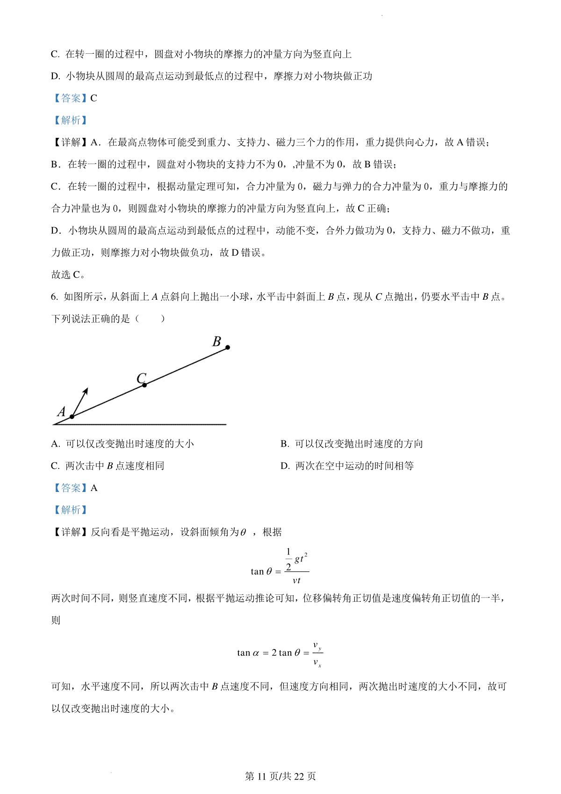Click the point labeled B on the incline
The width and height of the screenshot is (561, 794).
click(x=228, y=347)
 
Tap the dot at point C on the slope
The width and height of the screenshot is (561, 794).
click(x=144, y=385)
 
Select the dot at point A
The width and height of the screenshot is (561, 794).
click(x=72, y=417)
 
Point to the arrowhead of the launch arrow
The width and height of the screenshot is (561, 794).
click(x=86, y=390)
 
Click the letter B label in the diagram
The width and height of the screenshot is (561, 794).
click(x=216, y=341)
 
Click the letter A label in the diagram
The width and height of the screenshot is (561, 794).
click(x=61, y=411)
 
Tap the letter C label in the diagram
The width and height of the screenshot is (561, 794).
click(x=141, y=378)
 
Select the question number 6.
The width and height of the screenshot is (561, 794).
click(x=54, y=297)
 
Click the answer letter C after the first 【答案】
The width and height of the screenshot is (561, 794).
click(x=94, y=98)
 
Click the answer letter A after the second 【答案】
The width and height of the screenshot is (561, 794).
click(x=94, y=488)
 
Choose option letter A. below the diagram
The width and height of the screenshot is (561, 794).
click(x=56, y=444)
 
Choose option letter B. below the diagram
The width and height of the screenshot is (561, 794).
click(x=285, y=444)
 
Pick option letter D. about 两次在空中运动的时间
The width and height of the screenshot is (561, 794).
click(x=285, y=466)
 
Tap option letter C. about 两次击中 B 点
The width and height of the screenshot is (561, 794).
click(x=56, y=466)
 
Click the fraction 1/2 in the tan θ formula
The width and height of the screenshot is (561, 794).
click(x=288, y=559)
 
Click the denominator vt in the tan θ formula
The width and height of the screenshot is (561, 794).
click(x=296, y=581)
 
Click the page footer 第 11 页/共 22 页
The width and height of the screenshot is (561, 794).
click(x=280, y=776)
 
